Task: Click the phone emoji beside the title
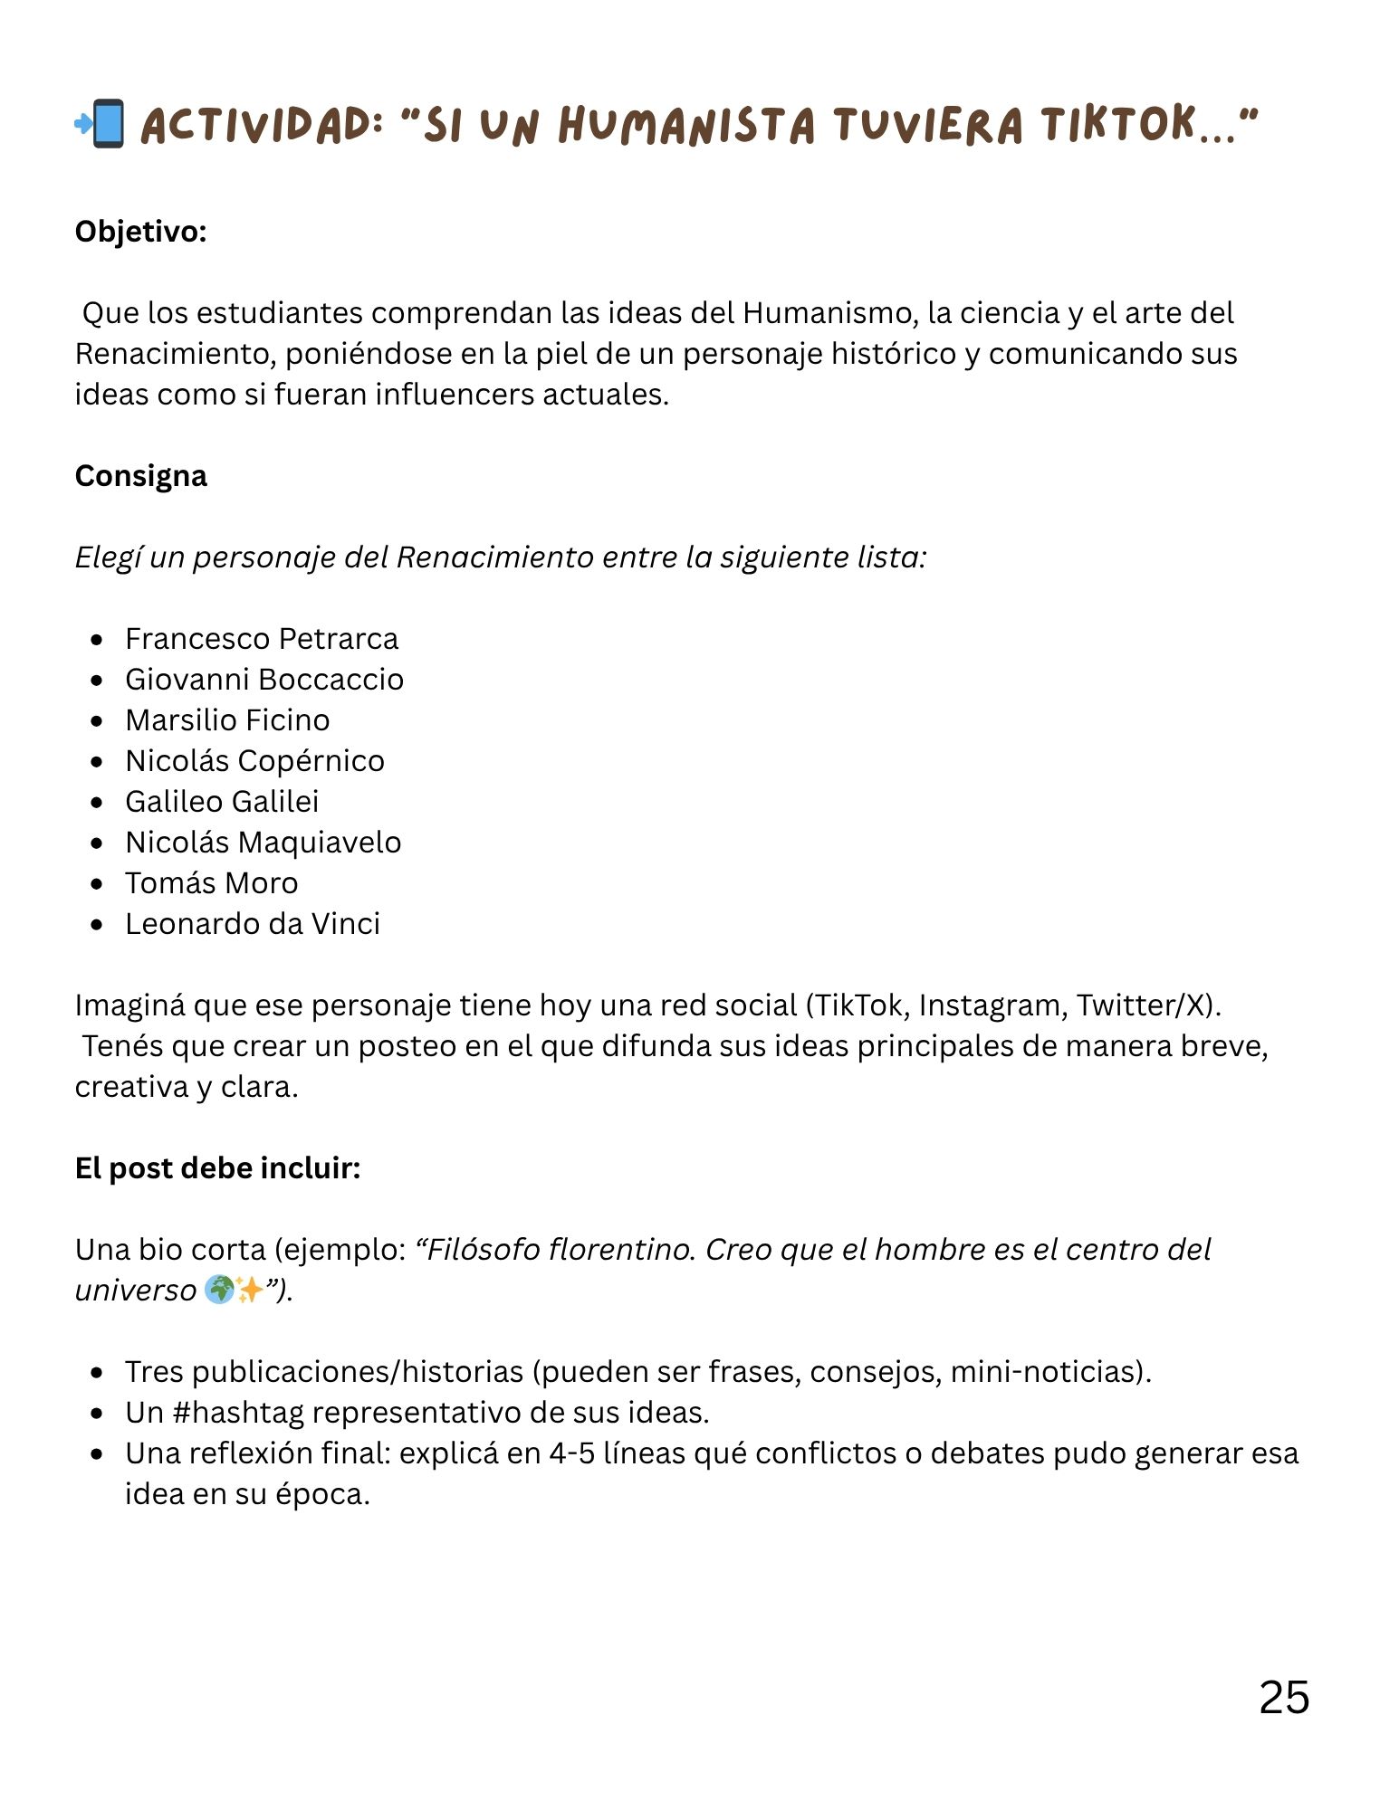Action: pos(101,124)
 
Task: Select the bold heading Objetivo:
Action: pos(140,232)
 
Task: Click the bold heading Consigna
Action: pos(140,476)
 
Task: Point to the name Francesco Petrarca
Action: pos(261,639)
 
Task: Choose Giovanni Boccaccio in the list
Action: pos(264,680)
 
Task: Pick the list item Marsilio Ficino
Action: pos(226,720)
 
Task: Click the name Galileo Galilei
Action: pos(221,802)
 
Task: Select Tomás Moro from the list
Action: pos(211,883)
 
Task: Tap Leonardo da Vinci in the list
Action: pos(252,924)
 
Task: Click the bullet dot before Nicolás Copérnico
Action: pos(97,762)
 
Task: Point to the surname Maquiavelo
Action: pos(320,843)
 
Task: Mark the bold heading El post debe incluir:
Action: pos(217,1168)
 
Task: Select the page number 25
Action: pos(1283,1698)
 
